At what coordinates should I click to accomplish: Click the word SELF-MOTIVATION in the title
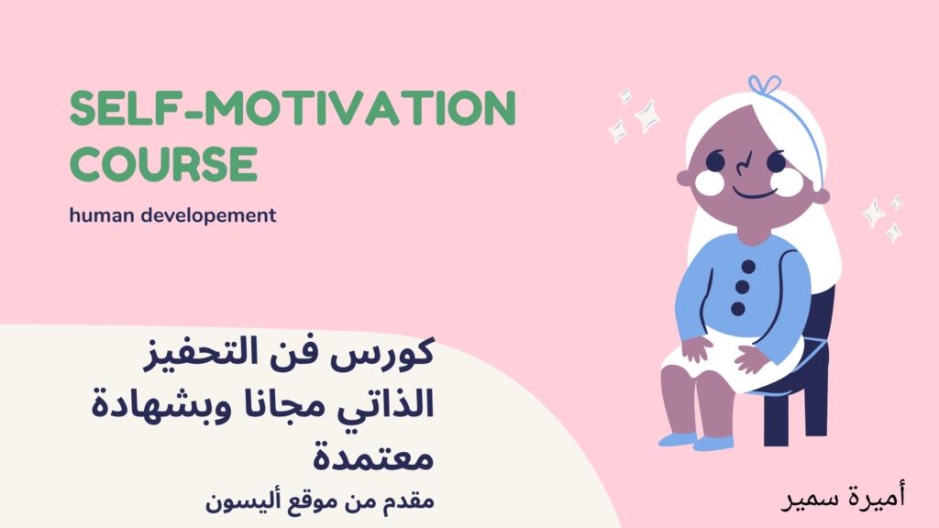click(293, 108)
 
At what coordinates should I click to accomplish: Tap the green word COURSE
click(163, 164)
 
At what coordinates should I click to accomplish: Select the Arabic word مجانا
click(283, 404)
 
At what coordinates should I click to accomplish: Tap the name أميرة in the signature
click(877, 496)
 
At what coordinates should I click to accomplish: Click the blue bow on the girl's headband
click(765, 85)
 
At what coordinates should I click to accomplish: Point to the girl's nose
click(744, 163)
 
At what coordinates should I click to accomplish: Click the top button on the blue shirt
click(748, 267)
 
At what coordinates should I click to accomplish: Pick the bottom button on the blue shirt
click(738, 309)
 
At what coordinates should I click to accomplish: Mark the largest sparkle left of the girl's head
click(647, 116)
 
